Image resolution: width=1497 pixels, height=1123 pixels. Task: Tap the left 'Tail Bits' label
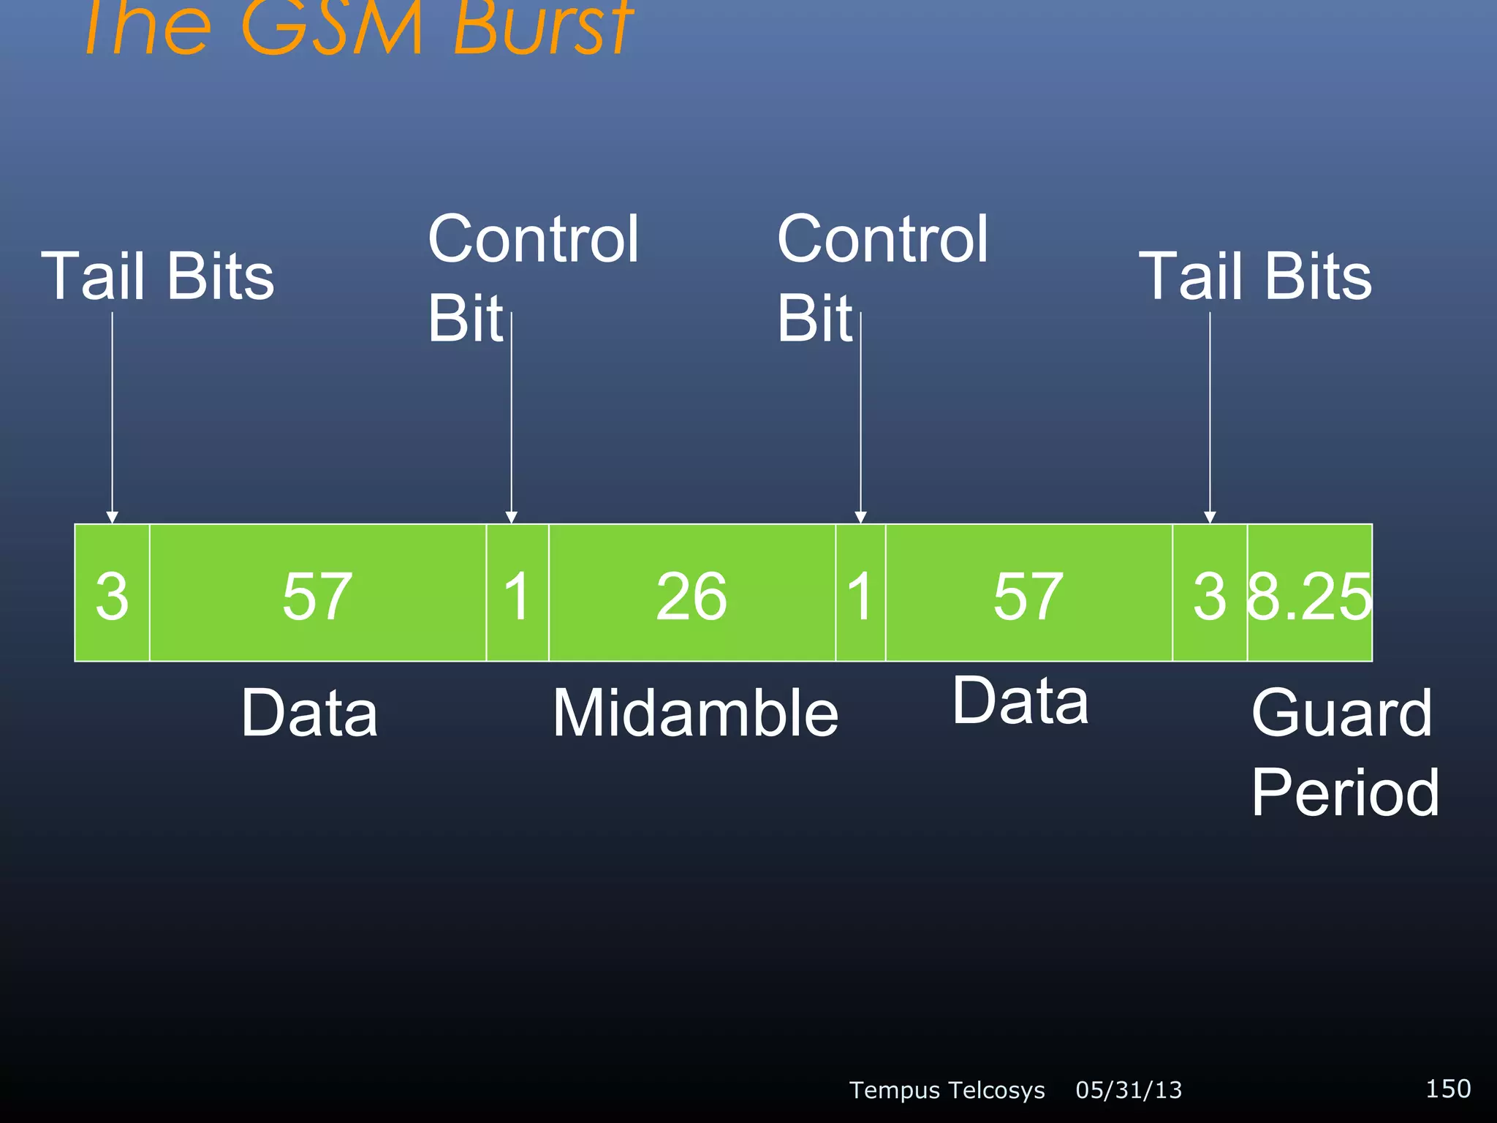(158, 276)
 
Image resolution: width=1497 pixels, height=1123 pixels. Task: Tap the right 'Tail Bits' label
(1255, 276)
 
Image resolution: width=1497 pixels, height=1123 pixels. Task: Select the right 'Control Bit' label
(882, 278)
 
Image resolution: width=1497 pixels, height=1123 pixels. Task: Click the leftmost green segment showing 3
(112, 594)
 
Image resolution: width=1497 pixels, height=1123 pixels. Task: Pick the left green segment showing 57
(317, 594)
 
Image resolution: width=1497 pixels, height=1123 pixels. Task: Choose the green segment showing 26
(691, 594)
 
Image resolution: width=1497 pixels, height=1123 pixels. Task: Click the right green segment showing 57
(1028, 594)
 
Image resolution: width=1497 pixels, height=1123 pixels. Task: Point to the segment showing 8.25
(1309, 594)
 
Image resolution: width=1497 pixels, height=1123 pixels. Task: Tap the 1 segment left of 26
(517, 594)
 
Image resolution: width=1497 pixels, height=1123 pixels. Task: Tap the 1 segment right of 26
(860, 594)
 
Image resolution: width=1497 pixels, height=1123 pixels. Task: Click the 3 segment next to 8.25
(1209, 594)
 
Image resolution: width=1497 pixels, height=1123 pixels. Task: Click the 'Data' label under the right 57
(1020, 701)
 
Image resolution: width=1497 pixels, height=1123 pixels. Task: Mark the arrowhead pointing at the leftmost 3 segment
(112, 518)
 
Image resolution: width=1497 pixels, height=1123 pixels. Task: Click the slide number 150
(1447, 1089)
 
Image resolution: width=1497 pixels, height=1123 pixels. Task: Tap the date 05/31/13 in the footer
(1129, 1090)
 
